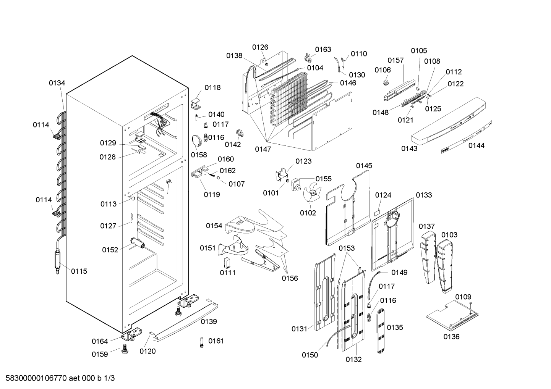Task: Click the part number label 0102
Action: [308, 213]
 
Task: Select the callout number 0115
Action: [79, 271]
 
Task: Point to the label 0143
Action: [409, 148]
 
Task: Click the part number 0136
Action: [451, 336]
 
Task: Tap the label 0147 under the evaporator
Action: [263, 149]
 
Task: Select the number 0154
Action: [214, 226]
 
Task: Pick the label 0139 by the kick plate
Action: [209, 321]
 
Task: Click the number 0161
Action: [216, 341]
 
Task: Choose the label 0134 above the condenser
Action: [57, 83]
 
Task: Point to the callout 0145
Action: [364, 166]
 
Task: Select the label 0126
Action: [260, 47]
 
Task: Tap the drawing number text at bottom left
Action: [60, 378]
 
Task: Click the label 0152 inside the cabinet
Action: [110, 250]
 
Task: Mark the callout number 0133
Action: [424, 195]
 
